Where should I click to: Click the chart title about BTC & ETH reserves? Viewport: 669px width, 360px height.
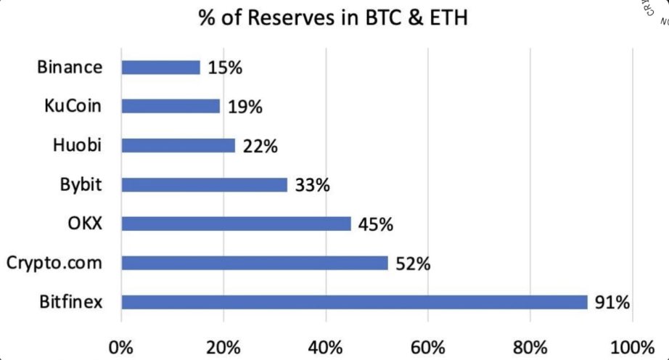[x=333, y=17]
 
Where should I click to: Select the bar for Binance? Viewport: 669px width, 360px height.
[x=160, y=67]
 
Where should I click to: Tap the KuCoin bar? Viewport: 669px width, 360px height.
[x=171, y=107]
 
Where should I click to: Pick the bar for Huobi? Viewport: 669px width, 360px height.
[x=178, y=146]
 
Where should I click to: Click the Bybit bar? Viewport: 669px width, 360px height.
[x=205, y=185]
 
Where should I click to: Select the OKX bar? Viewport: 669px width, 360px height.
[x=236, y=224]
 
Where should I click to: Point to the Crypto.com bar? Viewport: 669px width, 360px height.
[x=255, y=263]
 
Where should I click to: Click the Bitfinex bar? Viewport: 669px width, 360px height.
[x=354, y=302]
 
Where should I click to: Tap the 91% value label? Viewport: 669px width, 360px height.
[x=612, y=302]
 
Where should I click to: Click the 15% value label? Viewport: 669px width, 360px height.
[x=225, y=68]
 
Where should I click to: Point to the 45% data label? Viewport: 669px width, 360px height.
[x=376, y=224]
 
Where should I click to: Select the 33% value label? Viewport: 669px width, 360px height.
[x=313, y=186]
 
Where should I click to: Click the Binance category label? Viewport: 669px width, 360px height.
[x=70, y=67]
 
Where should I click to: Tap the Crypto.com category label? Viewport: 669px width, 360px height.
[x=54, y=263]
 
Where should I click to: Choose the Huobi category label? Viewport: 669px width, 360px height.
[x=78, y=145]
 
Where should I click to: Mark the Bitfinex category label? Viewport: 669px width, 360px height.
[x=71, y=302]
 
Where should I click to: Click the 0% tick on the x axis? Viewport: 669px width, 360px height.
[x=121, y=346]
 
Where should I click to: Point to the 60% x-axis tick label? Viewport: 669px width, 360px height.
[x=429, y=346]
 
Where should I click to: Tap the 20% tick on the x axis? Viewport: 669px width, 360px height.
[x=224, y=346]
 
